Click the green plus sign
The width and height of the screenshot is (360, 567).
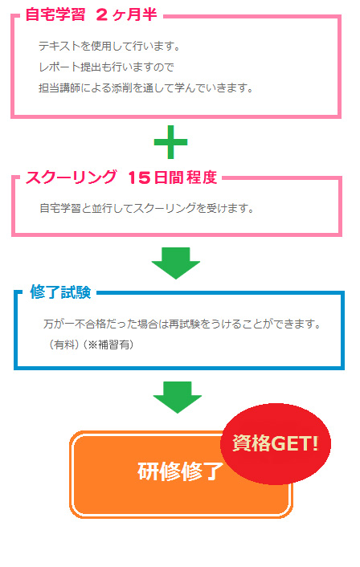click(x=171, y=141)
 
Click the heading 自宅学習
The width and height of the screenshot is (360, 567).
click(x=55, y=14)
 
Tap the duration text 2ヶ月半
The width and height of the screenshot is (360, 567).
click(x=127, y=14)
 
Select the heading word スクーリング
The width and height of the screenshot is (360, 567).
click(x=72, y=177)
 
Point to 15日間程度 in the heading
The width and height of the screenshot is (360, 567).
click(x=173, y=177)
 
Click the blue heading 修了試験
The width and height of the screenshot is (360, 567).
click(x=60, y=292)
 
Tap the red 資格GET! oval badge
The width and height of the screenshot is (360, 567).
click(x=276, y=443)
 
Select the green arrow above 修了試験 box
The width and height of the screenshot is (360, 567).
click(x=176, y=263)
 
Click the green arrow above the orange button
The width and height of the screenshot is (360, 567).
click(x=178, y=397)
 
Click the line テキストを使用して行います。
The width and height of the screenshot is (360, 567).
click(x=109, y=46)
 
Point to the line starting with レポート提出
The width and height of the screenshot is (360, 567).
click(x=106, y=67)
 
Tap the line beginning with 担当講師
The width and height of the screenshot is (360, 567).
click(x=146, y=88)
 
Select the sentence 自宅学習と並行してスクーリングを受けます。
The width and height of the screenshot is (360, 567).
click(x=147, y=208)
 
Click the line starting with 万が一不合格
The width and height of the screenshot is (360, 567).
click(x=182, y=324)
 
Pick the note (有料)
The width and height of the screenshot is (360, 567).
click(x=63, y=345)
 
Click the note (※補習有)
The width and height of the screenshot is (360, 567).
click(x=108, y=345)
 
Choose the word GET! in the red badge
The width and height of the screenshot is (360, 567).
click(x=295, y=443)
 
